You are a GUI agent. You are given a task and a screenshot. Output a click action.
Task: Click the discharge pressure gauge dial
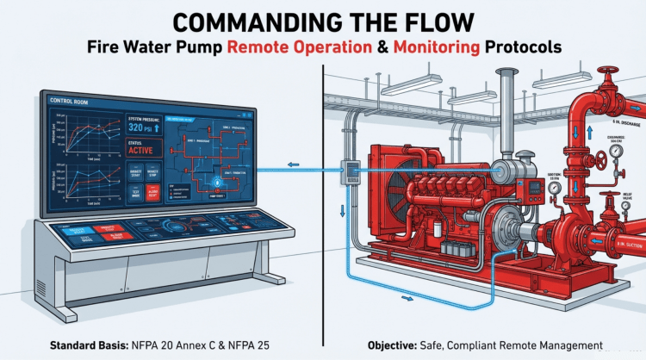click(617, 150)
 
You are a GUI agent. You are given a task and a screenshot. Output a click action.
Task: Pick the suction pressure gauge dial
click(555, 186)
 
